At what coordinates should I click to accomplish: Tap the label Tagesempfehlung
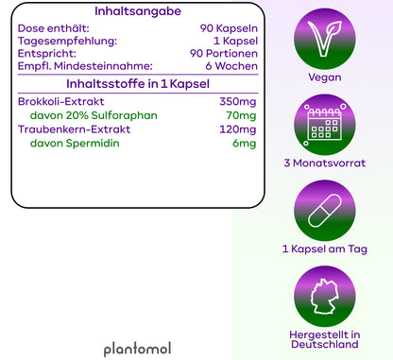point(68,42)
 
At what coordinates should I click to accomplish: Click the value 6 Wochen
point(231,68)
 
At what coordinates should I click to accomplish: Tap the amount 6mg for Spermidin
point(244,144)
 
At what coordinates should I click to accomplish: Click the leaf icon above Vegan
point(325,37)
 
